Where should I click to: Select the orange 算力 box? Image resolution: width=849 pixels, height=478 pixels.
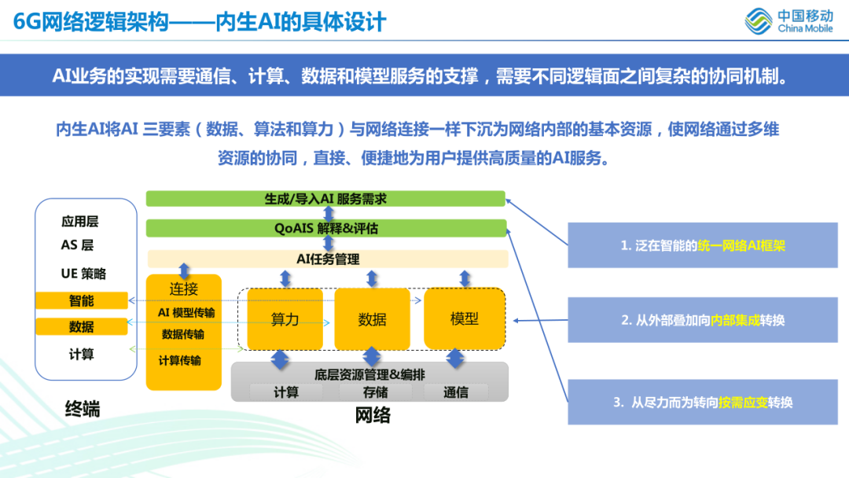pos(285,319)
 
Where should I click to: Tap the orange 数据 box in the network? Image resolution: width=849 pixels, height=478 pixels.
pos(372,319)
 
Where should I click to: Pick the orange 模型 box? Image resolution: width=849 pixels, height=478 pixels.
pos(464,318)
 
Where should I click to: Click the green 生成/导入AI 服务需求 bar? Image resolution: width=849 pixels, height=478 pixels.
pos(325,199)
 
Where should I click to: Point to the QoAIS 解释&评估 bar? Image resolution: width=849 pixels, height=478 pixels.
pos(325,228)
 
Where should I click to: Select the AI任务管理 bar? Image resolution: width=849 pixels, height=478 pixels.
pos(328,259)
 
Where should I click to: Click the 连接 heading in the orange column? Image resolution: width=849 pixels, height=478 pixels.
pos(184,289)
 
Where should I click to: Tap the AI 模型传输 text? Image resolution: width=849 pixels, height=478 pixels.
pos(186,312)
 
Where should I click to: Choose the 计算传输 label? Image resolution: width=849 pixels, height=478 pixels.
pos(180,360)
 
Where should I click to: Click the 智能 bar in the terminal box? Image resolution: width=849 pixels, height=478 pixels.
pos(81,300)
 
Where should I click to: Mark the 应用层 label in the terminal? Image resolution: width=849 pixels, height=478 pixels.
pos(80,222)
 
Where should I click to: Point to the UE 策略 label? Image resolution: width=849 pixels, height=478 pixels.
pos(83,274)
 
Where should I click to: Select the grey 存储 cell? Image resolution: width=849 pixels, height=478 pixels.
pos(375,392)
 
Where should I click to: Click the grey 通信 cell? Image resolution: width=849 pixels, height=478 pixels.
pos(456,392)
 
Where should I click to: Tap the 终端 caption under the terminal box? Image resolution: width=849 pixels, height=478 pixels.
pos(83,409)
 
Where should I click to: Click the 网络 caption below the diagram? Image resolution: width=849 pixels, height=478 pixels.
pos(372,414)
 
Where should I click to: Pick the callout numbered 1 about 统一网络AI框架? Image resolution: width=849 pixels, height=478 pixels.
pos(703,245)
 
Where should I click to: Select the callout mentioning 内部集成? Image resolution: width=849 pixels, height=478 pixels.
pos(703,319)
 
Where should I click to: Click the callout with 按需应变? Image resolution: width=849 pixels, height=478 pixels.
pos(703,402)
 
